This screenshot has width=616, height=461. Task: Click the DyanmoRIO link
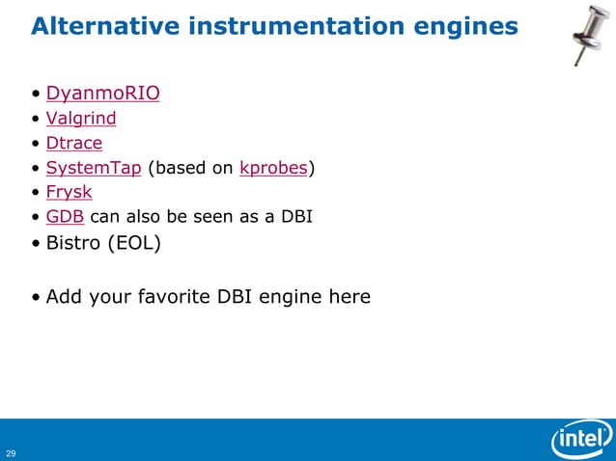pyautogui.click(x=102, y=94)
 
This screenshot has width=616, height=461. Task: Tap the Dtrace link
pyautogui.click(x=73, y=144)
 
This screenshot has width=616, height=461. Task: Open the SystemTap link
pyautogui.click(x=94, y=169)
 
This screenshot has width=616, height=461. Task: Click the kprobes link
pyautogui.click(x=273, y=169)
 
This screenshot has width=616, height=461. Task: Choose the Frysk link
pyautogui.click(x=69, y=193)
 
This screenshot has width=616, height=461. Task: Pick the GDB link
pyautogui.click(x=65, y=217)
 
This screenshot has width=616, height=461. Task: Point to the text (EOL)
pyautogui.click(x=136, y=242)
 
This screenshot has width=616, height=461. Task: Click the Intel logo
pyautogui.click(x=581, y=441)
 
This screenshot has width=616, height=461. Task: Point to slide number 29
pyautogui.click(x=11, y=452)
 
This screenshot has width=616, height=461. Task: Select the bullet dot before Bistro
pyautogui.click(x=36, y=243)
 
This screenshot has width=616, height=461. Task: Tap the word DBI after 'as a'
pyautogui.click(x=295, y=217)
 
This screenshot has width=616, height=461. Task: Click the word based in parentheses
pyautogui.click(x=176, y=169)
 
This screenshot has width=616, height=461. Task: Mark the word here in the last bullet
pyautogui.click(x=350, y=296)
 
